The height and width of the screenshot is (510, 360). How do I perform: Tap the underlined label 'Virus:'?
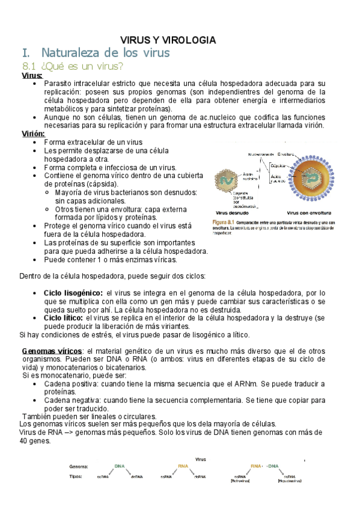coord(31,75)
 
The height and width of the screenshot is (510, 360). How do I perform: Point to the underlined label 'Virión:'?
coord(33,133)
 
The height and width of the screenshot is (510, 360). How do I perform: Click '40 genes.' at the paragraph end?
coord(35,440)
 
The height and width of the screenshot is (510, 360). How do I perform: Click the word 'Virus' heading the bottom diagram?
coord(201,459)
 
